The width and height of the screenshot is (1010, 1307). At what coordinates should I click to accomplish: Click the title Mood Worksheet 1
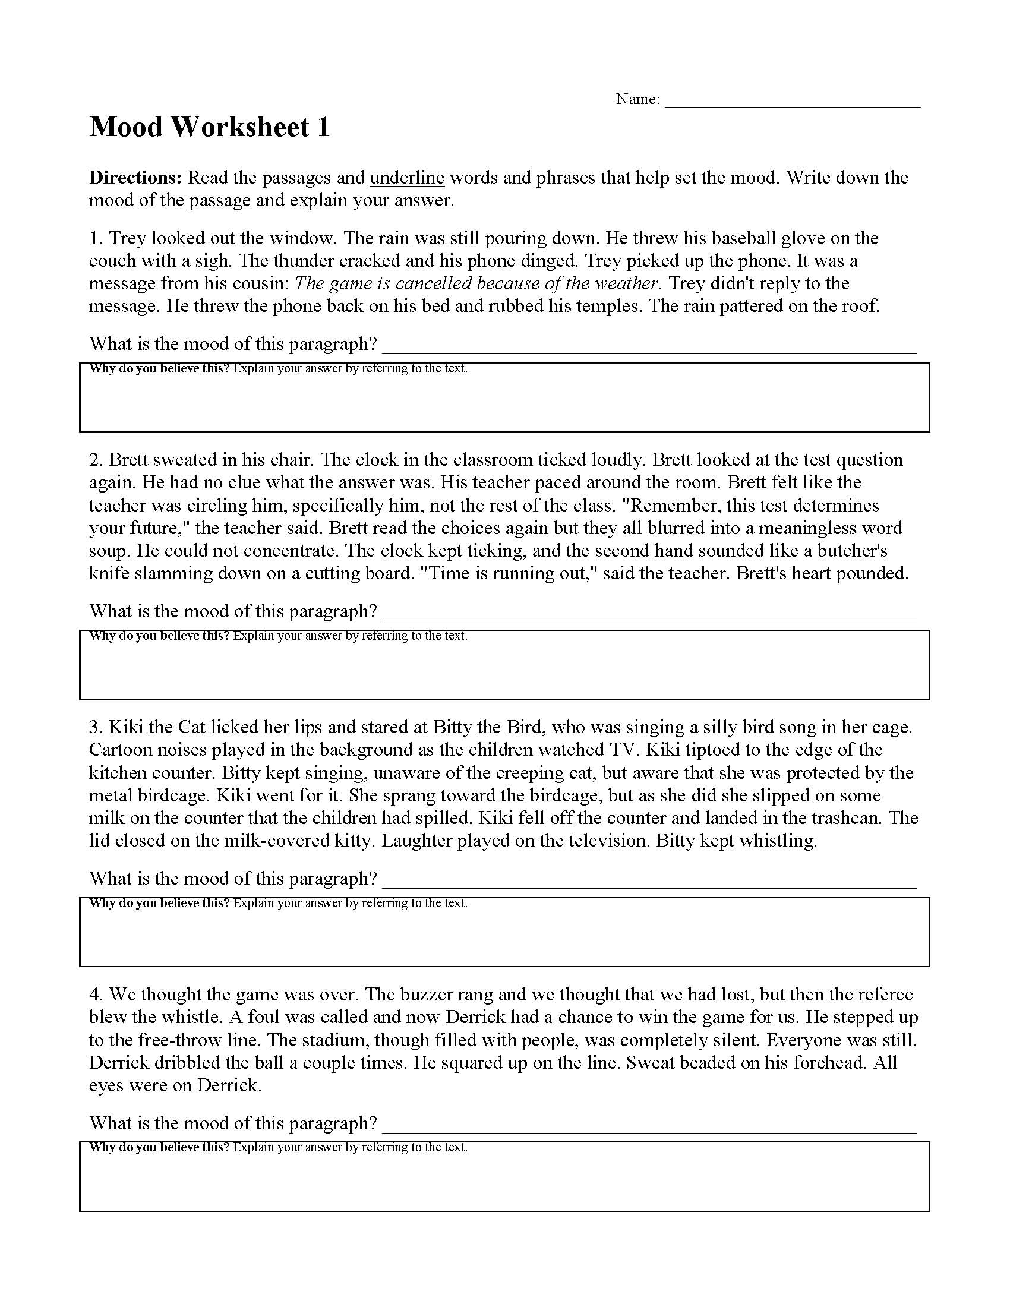pos(209,128)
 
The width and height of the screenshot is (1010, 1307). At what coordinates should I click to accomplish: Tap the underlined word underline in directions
pos(407,178)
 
